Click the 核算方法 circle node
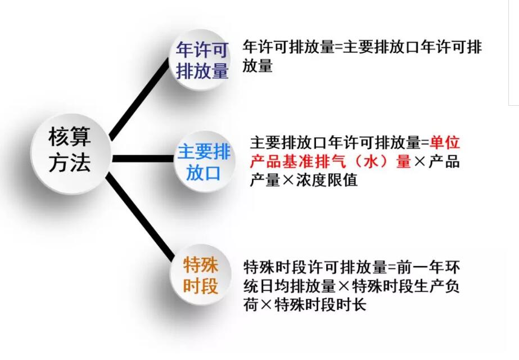pyautogui.click(x=70, y=154)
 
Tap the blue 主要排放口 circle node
pyautogui.click(x=204, y=161)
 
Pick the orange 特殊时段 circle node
pyautogui.click(x=201, y=274)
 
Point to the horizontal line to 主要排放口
pyautogui.click(x=143, y=159)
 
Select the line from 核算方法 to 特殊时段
pyautogui.click(x=139, y=218)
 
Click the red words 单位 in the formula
pyautogui.click(x=445, y=143)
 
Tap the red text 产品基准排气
pyautogui.click(x=297, y=161)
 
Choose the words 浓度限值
pyautogui.click(x=327, y=180)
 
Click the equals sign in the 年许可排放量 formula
pyautogui.click(x=339, y=47)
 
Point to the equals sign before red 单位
pyautogui.click(x=425, y=143)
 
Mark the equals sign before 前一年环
pyautogui.click(x=392, y=267)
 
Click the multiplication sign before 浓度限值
pyautogui.click(x=288, y=181)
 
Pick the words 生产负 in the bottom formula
pyautogui.click(x=436, y=286)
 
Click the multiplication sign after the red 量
pyautogui.click(x=419, y=162)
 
